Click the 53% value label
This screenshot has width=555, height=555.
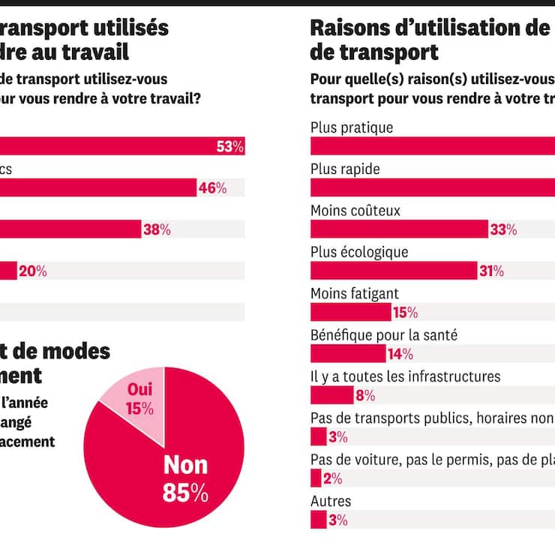pos(230,147)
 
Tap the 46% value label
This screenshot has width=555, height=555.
pos(212,188)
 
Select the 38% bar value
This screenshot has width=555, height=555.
pos(157,230)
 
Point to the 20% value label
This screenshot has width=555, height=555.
pos(32,271)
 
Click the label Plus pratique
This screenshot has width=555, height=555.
pos(352,127)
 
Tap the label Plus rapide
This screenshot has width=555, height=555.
pos(345,169)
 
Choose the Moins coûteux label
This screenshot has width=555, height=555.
pos(355,211)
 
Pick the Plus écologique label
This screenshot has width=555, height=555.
pos(359,252)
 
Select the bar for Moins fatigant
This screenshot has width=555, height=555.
pos(350,312)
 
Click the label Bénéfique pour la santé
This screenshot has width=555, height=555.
pos(383,334)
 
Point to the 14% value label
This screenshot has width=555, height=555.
pos(400,354)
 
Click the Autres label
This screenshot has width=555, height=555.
pos(331,500)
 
